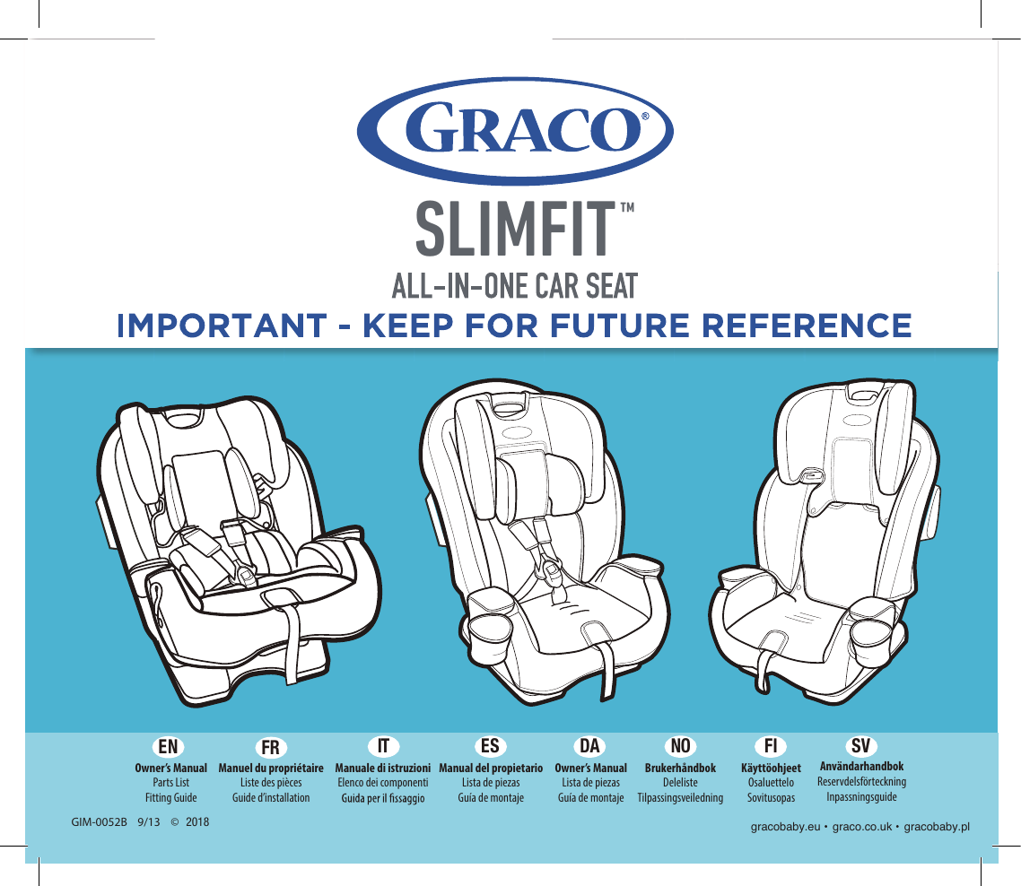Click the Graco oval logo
(515, 131)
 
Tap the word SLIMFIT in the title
(515, 229)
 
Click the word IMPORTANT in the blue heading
(222, 326)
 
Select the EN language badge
(168, 747)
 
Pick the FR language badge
(270, 747)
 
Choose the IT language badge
(383, 746)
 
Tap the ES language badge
(491, 746)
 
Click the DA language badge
(590, 746)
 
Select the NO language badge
(680, 746)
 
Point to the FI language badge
(771, 746)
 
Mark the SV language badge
(860, 746)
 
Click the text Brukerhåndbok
(680, 769)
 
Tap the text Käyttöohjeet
(771, 769)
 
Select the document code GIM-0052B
(99, 822)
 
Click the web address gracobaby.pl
(937, 827)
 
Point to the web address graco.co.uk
(862, 827)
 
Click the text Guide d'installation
(271, 798)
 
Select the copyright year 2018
(197, 822)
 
